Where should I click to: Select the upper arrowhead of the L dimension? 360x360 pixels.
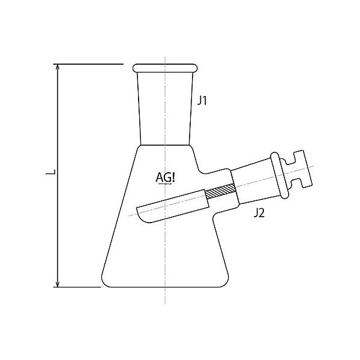(x=58, y=68)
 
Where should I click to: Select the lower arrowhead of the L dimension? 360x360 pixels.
(x=58, y=281)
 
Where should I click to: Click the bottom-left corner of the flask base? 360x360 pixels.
(x=103, y=286)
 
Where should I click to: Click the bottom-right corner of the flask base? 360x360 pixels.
(x=227, y=286)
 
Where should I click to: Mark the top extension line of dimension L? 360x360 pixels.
(x=90, y=62)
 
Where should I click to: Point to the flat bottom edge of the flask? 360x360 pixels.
(x=165, y=287)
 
